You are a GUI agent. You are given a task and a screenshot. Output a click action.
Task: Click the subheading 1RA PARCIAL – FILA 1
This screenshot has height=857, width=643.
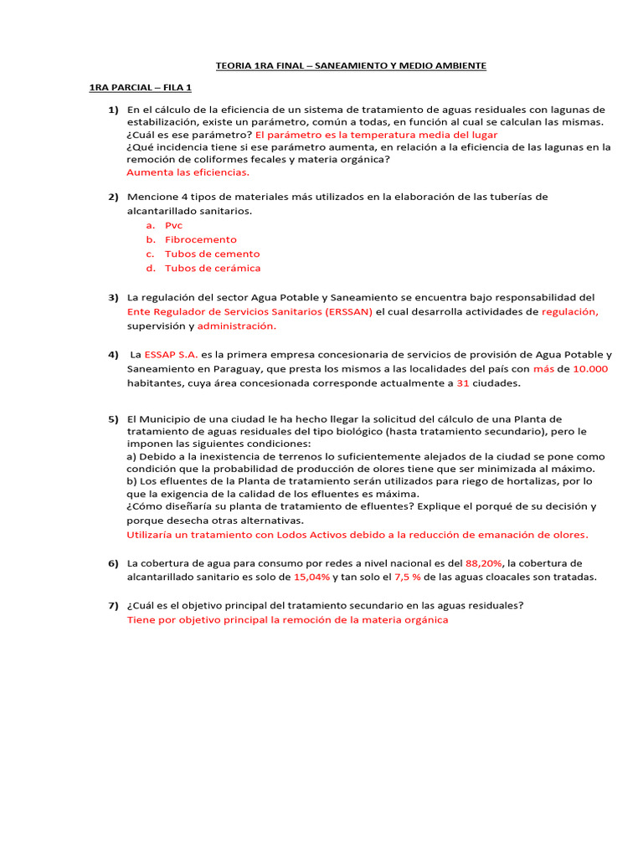tap(141, 87)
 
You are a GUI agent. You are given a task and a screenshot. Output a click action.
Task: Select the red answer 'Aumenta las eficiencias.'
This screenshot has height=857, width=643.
tap(188, 172)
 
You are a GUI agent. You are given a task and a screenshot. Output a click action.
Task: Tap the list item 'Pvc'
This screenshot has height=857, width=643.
tap(173, 225)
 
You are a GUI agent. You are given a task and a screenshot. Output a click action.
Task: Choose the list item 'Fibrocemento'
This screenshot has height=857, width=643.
tap(201, 239)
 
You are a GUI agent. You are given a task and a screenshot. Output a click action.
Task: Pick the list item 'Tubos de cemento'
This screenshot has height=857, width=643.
tap(212, 254)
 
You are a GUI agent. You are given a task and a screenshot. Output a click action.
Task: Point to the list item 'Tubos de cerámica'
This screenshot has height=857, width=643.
tap(213, 268)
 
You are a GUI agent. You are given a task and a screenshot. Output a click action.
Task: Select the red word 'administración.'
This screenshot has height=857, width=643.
tap(236, 326)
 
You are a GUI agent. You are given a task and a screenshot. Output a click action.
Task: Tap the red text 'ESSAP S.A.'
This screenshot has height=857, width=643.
tap(171, 354)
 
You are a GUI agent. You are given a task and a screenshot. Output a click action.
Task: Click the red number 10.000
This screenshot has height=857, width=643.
tap(590, 368)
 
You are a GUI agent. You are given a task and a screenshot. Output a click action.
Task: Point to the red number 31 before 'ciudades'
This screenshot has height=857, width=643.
tap(462, 382)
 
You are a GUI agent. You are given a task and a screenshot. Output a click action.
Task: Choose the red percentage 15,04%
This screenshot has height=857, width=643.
tap(311, 577)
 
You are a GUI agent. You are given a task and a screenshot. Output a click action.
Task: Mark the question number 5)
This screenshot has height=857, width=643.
tap(113, 418)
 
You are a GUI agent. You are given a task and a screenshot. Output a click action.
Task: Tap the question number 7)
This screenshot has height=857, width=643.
tap(113, 606)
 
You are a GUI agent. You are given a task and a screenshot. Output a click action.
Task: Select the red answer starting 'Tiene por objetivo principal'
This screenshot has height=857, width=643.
tap(287, 620)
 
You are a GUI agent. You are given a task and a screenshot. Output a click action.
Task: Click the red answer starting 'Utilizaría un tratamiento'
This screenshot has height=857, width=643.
tap(357, 534)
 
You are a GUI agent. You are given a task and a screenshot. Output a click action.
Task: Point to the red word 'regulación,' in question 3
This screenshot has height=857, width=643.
tap(570, 311)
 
